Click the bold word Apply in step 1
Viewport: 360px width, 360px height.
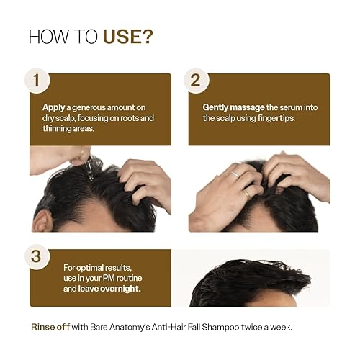(x=55, y=106)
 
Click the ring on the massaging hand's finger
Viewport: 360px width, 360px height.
(x=235, y=174)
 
